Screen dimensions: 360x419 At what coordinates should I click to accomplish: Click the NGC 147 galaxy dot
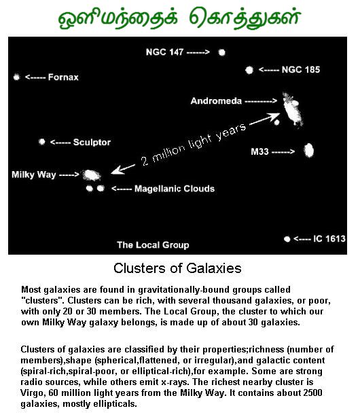pos(221,52)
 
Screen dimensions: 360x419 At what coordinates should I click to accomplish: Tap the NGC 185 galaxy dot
pos(249,70)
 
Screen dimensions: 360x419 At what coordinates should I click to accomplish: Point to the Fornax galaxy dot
pos(16,77)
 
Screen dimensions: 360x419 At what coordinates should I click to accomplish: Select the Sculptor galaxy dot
pos(41,141)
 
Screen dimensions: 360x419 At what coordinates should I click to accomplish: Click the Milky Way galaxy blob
pos(92,175)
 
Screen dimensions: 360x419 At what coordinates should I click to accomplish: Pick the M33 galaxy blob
pos(308,151)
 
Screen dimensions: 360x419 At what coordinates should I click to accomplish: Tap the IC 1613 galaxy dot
pos(287,238)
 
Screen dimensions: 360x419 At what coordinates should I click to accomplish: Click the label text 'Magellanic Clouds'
pos(175,189)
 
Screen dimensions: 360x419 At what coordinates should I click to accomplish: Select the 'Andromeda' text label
pos(216,101)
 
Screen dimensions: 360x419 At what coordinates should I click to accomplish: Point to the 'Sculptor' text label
pos(92,142)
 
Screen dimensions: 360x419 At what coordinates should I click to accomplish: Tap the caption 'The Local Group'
pos(153,245)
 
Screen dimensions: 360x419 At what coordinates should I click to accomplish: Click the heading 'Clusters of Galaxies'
pos(177,268)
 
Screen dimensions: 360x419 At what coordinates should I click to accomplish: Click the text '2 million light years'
pos(193,144)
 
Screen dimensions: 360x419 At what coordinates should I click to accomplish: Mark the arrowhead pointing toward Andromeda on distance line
pos(274,116)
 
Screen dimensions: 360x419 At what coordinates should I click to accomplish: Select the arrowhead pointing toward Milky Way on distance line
pos(117,170)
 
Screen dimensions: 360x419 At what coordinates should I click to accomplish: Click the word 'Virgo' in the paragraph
pos(29,393)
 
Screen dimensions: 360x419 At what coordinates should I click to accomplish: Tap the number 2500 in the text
pos(312,393)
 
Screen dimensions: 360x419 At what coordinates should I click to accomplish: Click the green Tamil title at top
pos(179,18)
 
